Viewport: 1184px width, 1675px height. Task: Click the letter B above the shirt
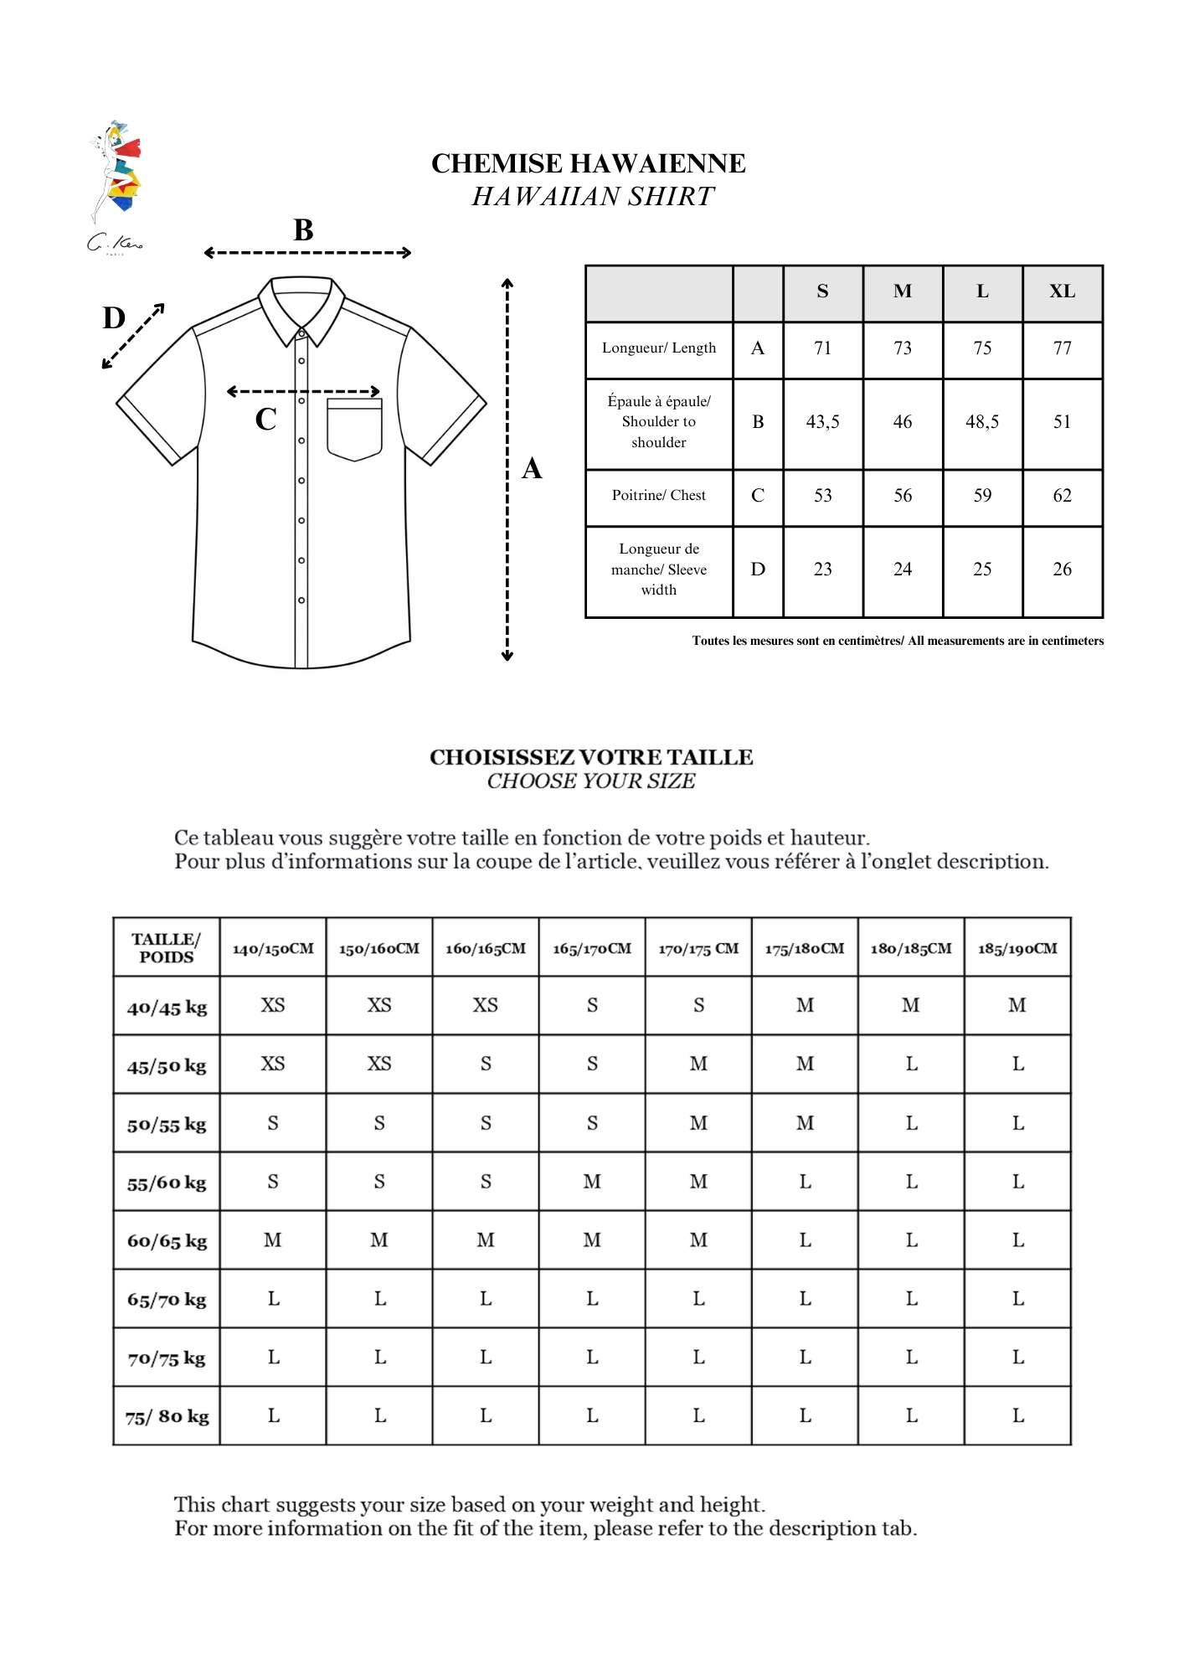tap(303, 230)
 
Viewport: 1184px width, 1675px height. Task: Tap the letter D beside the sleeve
tap(114, 318)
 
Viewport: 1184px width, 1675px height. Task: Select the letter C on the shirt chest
tap(266, 419)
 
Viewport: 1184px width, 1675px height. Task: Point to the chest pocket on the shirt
tap(354, 429)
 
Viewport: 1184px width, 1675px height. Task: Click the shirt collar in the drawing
tap(301, 306)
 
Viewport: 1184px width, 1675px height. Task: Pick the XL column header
tap(1062, 291)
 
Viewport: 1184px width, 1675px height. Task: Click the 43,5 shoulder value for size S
tap(822, 422)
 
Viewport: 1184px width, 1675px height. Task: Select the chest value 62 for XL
tap(1062, 496)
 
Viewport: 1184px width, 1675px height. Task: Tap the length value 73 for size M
tap(902, 348)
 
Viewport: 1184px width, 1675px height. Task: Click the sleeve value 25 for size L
tap(982, 569)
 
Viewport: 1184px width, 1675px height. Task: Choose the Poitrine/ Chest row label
tap(659, 496)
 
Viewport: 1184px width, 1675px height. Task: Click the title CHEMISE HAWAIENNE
tap(588, 163)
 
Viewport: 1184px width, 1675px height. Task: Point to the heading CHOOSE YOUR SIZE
tap(591, 781)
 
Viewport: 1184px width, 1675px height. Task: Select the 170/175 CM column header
tap(698, 949)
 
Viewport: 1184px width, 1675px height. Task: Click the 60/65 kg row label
tap(167, 1241)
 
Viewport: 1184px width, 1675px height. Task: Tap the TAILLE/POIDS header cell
tap(167, 948)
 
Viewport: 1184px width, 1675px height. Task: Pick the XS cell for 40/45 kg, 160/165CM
tap(486, 1005)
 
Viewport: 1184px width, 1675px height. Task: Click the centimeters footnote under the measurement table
tap(897, 641)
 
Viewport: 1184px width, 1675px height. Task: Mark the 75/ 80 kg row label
tap(167, 1416)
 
